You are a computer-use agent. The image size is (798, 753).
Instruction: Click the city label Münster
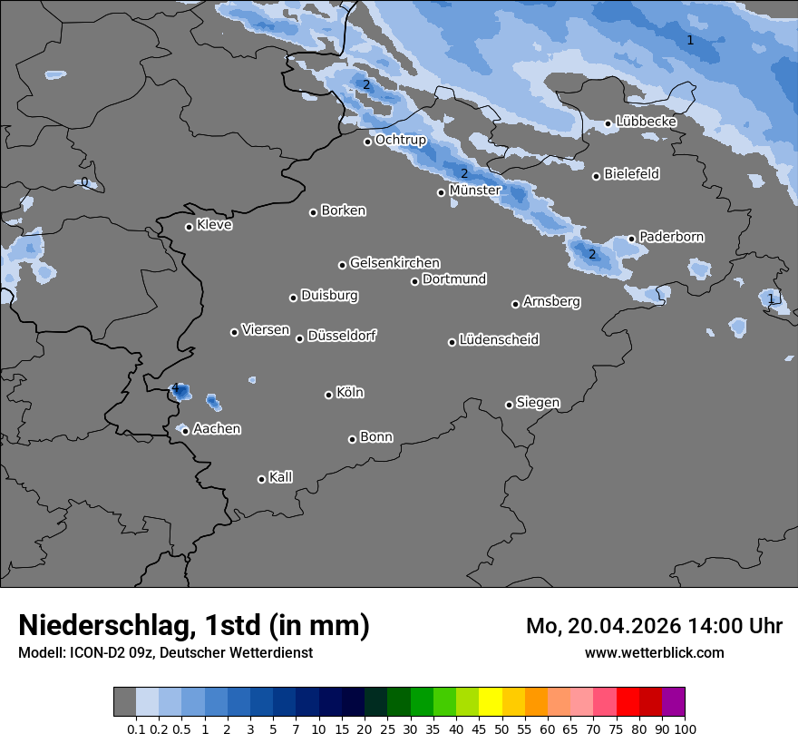coord(475,191)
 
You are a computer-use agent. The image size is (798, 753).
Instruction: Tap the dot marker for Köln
coord(328,395)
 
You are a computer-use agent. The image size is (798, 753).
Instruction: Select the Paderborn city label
coord(671,237)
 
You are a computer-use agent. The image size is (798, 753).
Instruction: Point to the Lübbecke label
coord(646,122)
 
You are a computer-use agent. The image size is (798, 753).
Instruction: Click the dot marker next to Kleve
coord(189,227)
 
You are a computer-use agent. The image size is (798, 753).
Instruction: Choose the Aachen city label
coord(217,429)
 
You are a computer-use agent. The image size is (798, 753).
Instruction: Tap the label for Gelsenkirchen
coord(394,263)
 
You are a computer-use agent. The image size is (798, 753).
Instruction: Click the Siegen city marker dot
coord(509,405)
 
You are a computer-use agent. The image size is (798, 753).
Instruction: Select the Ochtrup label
coord(400,141)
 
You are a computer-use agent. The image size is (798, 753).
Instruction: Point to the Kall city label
coord(280,477)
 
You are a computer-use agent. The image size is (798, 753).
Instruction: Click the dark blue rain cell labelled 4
coord(181,392)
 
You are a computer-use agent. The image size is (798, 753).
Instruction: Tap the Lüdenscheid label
coord(499,340)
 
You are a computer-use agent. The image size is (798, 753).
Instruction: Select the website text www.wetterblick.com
coord(654,652)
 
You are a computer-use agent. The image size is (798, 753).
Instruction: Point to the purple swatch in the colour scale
coord(673,702)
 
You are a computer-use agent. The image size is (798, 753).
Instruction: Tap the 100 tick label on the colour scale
coord(684,729)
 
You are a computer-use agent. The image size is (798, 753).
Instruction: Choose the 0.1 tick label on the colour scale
coord(136,729)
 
